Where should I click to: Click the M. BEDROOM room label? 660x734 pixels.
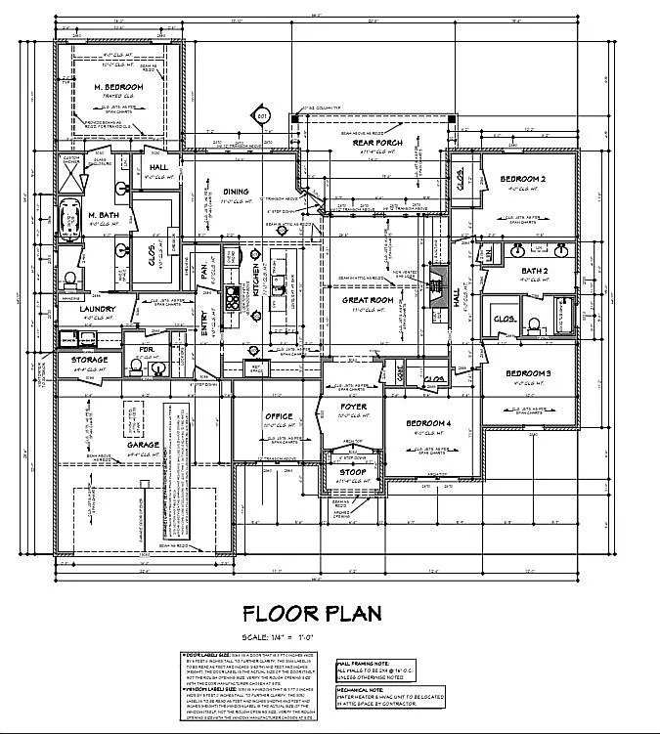point(118,88)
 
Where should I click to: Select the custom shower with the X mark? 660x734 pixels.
point(71,177)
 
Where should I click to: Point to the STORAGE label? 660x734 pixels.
point(89,360)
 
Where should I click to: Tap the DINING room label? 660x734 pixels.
point(235,192)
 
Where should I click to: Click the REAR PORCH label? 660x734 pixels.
point(372,143)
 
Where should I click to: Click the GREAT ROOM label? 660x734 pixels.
point(367,300)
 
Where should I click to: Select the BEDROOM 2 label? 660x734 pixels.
point(523,179)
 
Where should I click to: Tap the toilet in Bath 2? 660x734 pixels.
point(535,324)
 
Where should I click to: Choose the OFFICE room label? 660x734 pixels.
point(279,416)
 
